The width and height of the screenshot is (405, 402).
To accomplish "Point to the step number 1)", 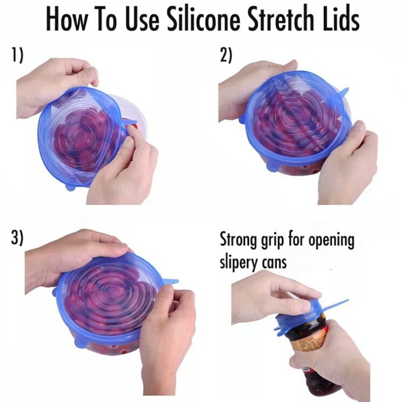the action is tap(16, 55).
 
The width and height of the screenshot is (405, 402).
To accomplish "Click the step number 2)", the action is tap(226, 55).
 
